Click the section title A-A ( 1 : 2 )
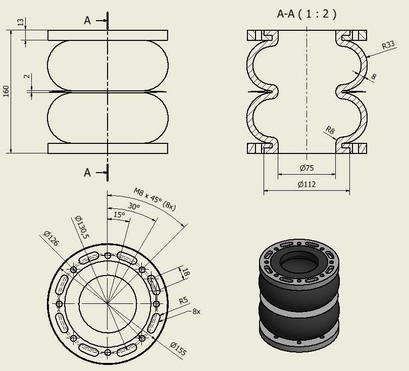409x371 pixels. click(x=307, y=14)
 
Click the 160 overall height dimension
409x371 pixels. click(x=6, y=91)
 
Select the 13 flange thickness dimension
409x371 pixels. click(x=21, y=22)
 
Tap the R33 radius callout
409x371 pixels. click(x=388, y=45)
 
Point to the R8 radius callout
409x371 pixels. click(x=330, y=130)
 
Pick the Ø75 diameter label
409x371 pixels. click(x=307, y=168)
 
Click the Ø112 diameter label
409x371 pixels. click(x=307, y=184)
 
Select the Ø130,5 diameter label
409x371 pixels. click(x=82, y=227)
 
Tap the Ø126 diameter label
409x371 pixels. click(x=51, y=238)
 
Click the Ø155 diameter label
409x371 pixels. click(x=178, y=349)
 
